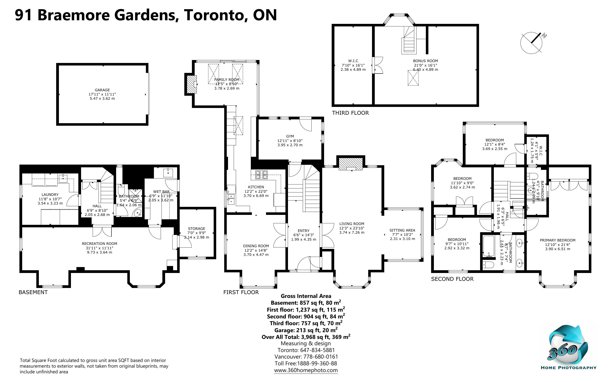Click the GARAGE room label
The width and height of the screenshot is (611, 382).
tap(102, 90)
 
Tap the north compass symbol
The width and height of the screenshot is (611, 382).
tap(531, 42)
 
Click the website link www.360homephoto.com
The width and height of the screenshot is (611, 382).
tap(306, 370)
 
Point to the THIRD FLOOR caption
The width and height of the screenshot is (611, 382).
tap(350, 113)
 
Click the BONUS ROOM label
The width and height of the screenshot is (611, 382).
tap(425, 61)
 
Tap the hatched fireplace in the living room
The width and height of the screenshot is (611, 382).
tap(350, 164)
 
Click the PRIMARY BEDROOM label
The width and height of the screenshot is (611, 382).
tap(558, 240)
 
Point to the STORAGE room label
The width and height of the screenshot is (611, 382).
tap(196, 229)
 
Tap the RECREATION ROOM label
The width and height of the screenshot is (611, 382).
tap(99, 244)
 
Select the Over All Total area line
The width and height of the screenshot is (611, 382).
tap(306, 337)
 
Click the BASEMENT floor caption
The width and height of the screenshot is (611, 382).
tap(33, 292)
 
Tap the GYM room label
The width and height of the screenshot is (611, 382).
tap(290, 136)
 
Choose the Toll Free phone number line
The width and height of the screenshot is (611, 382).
tap(306, 364)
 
